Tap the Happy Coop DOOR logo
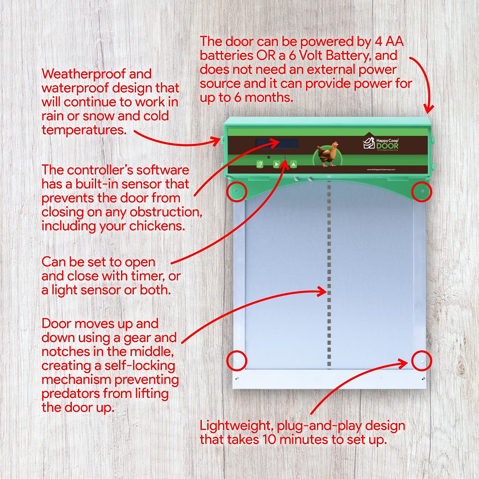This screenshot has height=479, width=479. pyautogui.click(x=381, y=144)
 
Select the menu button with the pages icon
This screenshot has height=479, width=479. pyautogui.click(x=260, y=164)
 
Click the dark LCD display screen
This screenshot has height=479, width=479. pyautogui.click(x=277, y=143)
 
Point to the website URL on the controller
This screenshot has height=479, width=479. pyautogui.click(x=381, y=170)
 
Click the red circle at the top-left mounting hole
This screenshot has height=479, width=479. pyautogui.click(x=237, y=192)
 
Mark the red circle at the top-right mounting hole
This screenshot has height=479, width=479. pyautogui.click(x=422, y=192)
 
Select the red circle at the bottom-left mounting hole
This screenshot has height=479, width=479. pyautogui.click(x=237, y=361)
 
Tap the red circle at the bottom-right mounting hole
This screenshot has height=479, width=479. pyautogui.click(x=422, y=361)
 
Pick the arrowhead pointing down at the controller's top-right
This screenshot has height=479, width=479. pyautogui.click(x=429, y=109)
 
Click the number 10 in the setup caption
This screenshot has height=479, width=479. pyautogui.click(x=269, y=440)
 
